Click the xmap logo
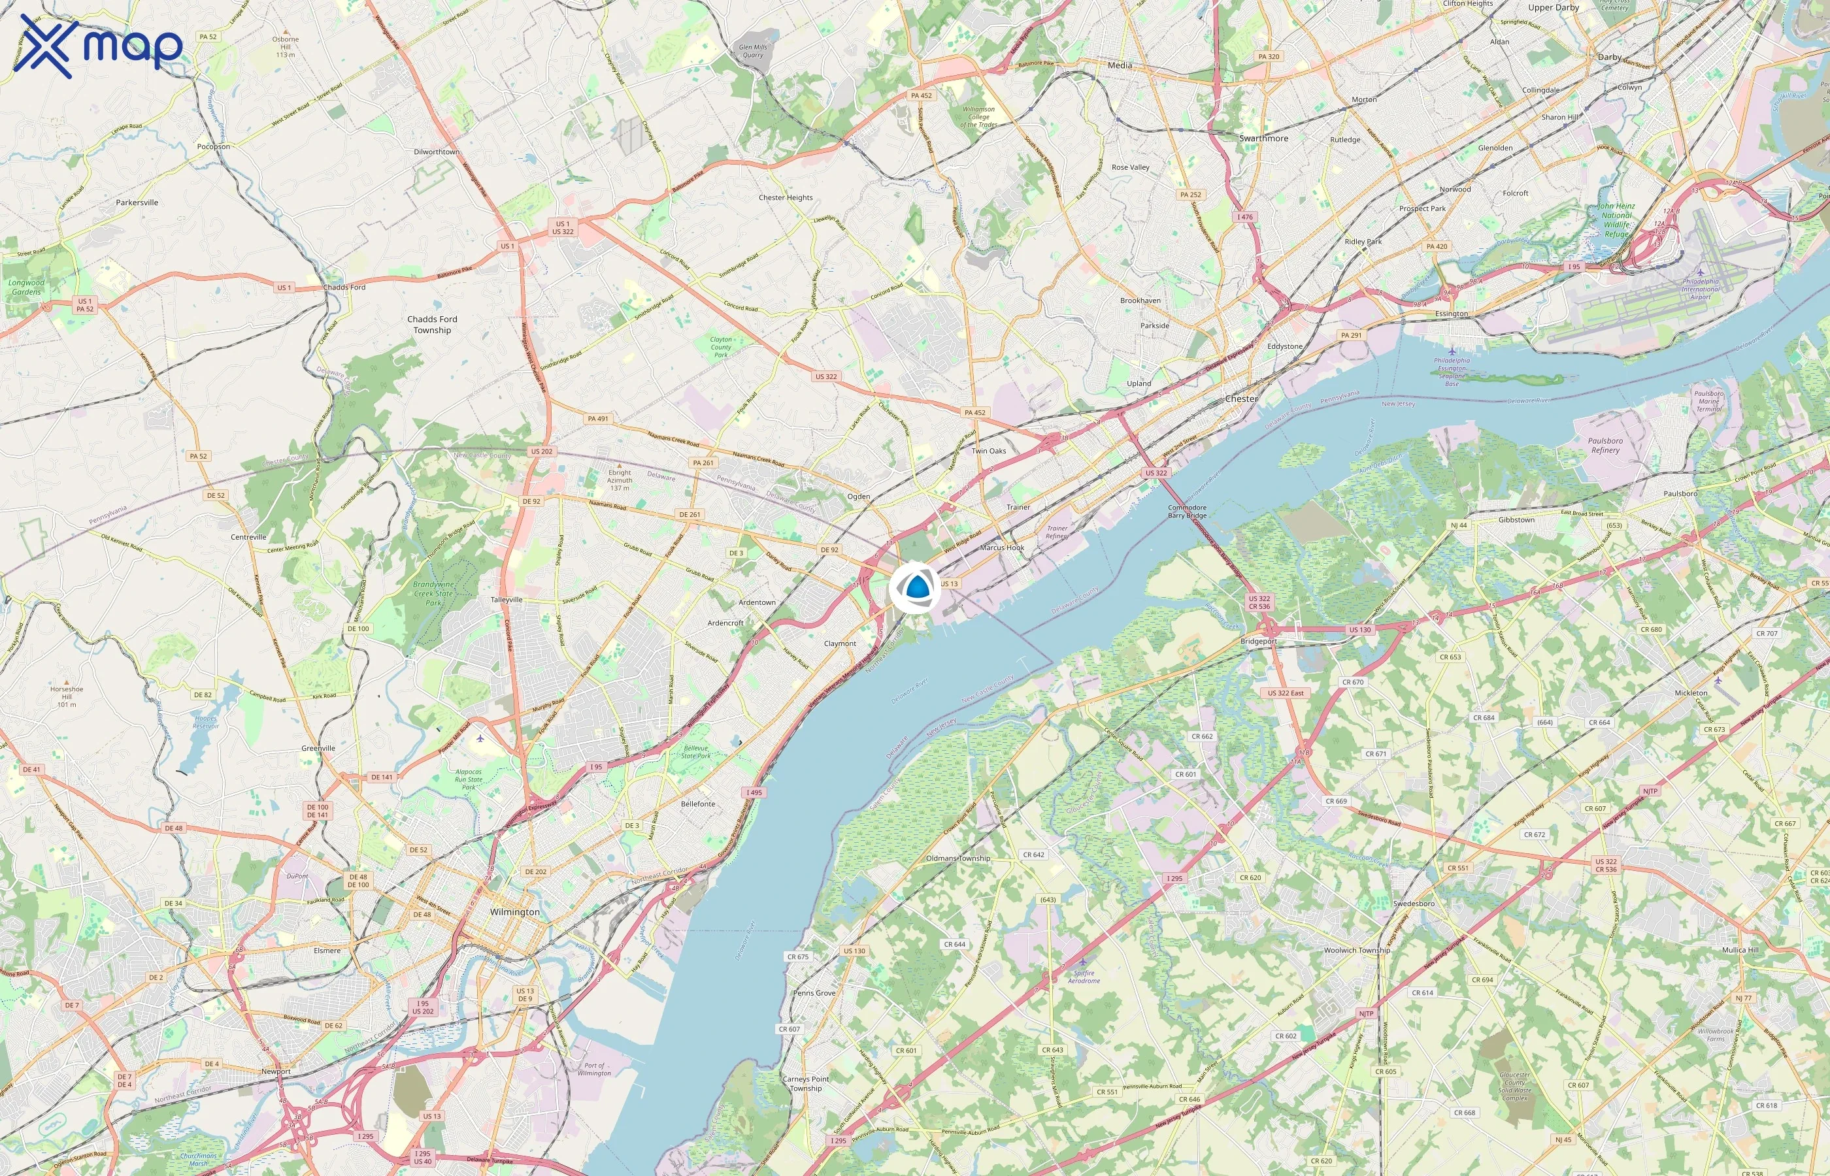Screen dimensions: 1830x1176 pyautogui.click(x=101, y=46)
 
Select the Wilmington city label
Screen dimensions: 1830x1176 pyautogui.click(x=515, y=912)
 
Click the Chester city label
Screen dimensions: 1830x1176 pyautogui.click(x=1240, y=399)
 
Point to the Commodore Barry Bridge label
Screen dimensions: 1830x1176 pyautogui.click(x=1187, y=512)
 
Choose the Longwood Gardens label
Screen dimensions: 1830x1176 pyautogui.click(x=27, y=287)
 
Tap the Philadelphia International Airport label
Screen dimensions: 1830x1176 pyautogui.click(x=1700, y=289)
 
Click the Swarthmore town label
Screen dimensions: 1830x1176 pyautogui.click(x=1263, y=139)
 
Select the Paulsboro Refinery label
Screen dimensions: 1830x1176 pyautogui.click(x=1605, y=445)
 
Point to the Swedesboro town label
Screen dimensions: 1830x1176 pyautogui.click(x=1413, y=904)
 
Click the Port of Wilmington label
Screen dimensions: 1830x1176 pyautogui.click(x=594, y=1069)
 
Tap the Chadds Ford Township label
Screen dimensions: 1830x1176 pyautogui.click(x=432, y=325)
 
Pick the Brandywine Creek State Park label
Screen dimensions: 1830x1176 pyautogui.click(x=433, y=593)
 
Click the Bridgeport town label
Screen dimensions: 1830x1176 pyautogui.click(x=1258, y=642)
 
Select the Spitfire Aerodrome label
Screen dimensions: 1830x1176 pyautogui.click(x=1084, y=977)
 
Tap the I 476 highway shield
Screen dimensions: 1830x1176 pyautogui.click(x=1245, y=217)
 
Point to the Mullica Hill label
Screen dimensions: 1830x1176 pyautogui.click(x=1740, y=950)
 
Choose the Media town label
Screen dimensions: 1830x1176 pyautogui.click(x=1120, y=66)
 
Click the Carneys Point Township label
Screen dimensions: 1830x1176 pyautogui.click(x=805, y=1084)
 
